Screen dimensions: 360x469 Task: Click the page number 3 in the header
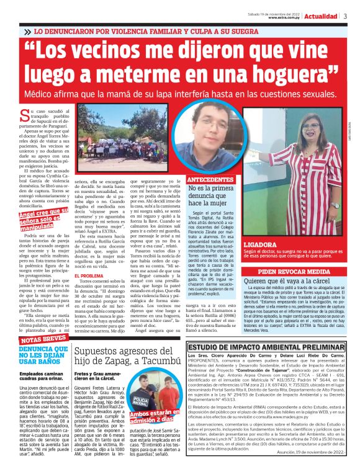click(x=344, y=17)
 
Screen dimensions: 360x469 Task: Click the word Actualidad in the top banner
click(x=321, y=17)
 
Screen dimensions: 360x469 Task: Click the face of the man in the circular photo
click(x=206, y=135)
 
